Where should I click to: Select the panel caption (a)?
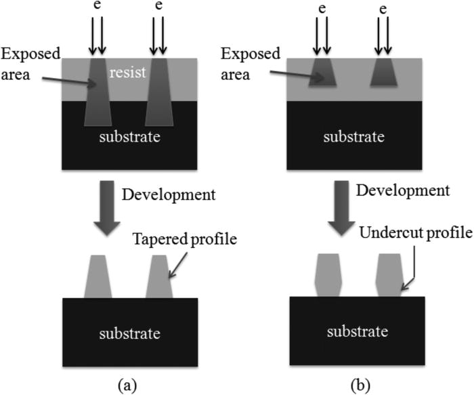point(129,384)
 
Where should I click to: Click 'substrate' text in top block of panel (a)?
point(129,138)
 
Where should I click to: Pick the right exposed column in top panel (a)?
point(158,91)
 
